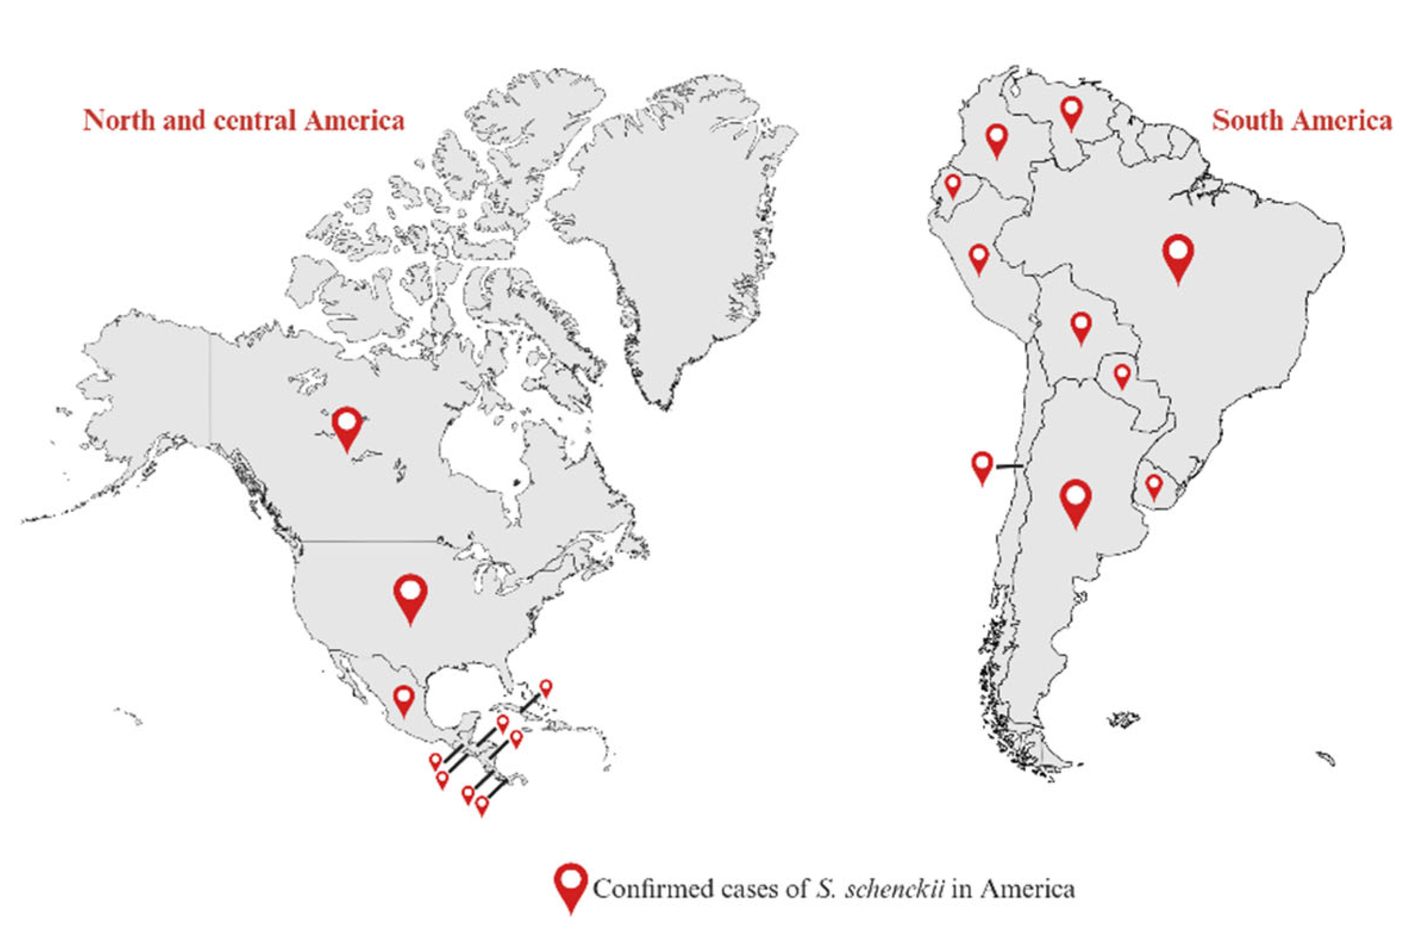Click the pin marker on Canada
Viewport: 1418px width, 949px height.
click(x=347, y=427)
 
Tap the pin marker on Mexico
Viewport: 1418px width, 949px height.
click(x=403, y=698)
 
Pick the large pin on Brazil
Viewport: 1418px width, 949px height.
click(x=1178, y=256)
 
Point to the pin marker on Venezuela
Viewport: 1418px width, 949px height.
click(x=1071, y=112)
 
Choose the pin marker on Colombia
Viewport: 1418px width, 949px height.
click(x=996, y=139)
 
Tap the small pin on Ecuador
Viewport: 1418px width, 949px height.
click(x=953, y=185)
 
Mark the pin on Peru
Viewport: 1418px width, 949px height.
click(x=979, y=258)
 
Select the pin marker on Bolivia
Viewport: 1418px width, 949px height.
click(x=1081, y=326)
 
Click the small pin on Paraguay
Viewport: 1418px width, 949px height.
click(x=1122, y=375)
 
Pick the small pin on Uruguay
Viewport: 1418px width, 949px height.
click(x=1154, y=485)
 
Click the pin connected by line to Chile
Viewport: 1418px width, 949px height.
click(x=982, y=467)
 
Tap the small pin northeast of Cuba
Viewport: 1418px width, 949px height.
click(x=546, y=688)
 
